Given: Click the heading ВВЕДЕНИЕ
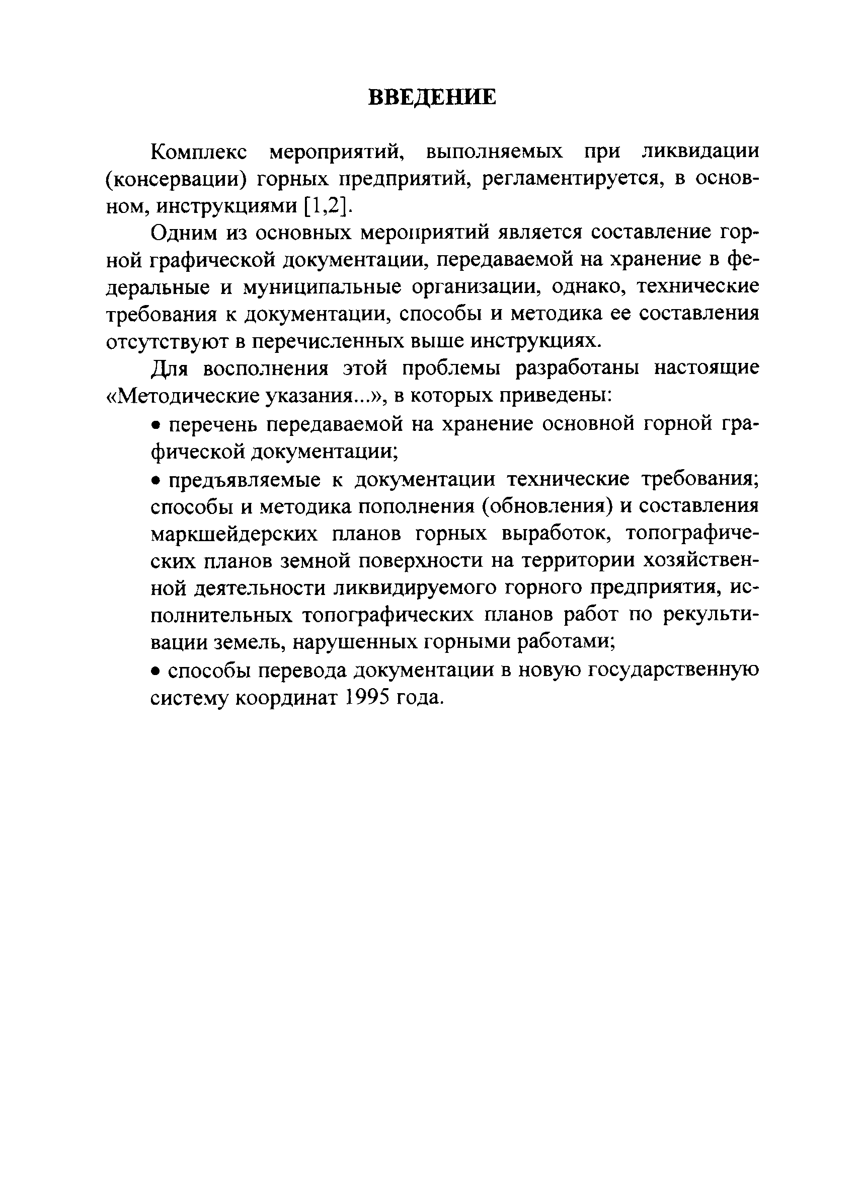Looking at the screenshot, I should (x=431, y=98).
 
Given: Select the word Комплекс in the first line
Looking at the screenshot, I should (x=199, y=152).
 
